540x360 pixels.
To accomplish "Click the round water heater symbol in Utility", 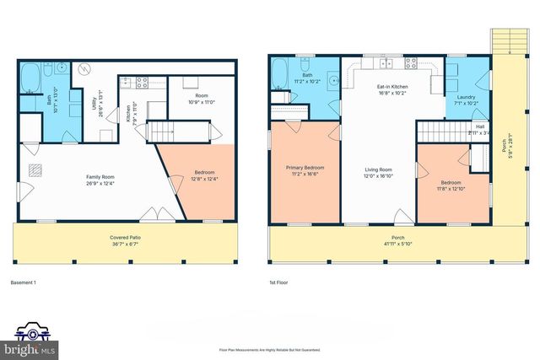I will point(84,70).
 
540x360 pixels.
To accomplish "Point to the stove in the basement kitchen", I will point(143,83).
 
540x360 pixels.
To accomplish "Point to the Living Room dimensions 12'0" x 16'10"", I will point(378,177).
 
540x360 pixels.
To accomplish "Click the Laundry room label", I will point(467,99).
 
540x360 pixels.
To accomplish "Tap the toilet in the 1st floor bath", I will point(300,64).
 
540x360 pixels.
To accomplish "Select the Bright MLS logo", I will point(31,337).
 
